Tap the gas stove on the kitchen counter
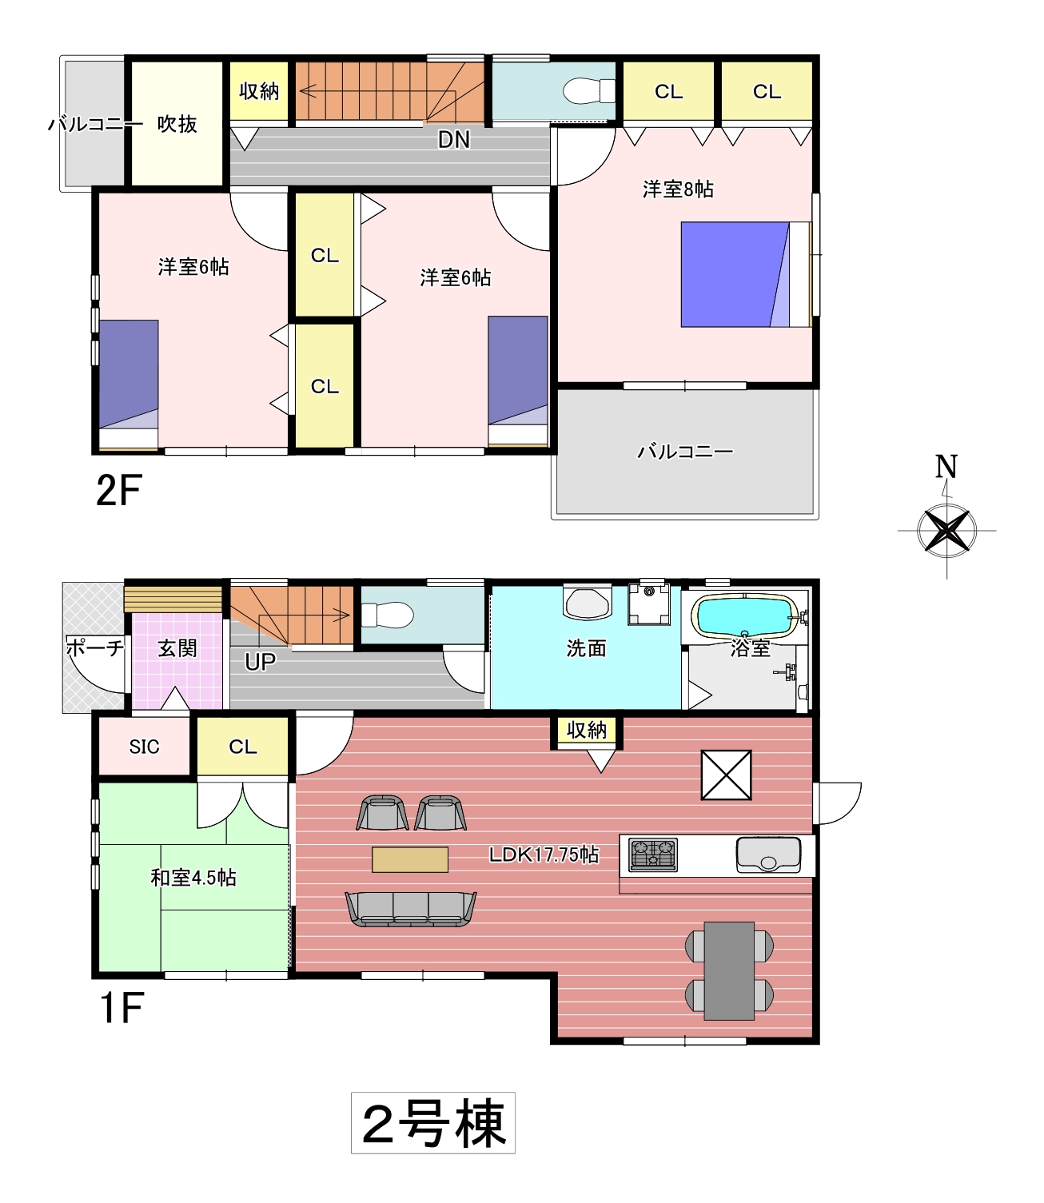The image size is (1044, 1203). [x=653, y=854]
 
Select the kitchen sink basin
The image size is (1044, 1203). [x=768, y=854]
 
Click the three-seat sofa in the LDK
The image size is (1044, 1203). [x=411, y=909]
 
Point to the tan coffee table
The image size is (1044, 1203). [x=410, y=859]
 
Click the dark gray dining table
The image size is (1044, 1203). [x=729, y=970]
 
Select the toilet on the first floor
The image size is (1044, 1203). [x=387, y=615]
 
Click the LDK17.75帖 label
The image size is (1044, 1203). [x=544, y=854]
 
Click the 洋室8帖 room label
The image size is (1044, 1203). [x=678, y=189]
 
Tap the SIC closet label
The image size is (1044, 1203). [x=144, y=747]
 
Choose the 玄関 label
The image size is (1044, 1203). [x=177, y=648]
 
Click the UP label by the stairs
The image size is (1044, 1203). [x=260, y=663]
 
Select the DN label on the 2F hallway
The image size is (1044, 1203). [x=454, y=140]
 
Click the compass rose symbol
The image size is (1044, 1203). [x=946, y=530]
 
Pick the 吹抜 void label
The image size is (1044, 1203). [x=177, y=124]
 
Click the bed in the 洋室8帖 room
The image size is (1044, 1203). [x=746, y=274]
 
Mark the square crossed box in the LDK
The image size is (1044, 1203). [x=726, y=775]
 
